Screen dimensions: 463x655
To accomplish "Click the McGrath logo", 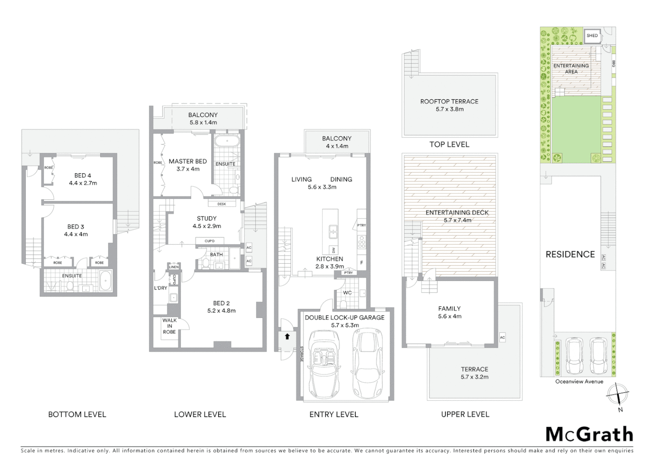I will point(589,434).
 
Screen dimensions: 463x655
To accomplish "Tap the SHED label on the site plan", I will point(592,36).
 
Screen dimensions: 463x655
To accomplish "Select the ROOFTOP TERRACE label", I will point(449,102).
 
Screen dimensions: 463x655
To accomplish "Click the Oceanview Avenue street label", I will point(579,382).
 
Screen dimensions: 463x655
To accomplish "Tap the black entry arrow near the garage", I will point(287,337).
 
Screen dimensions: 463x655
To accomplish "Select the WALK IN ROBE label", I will point(169,326).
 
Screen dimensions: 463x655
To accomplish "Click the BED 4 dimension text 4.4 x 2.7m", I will point(83,183).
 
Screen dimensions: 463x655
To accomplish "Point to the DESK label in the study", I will point(222,204).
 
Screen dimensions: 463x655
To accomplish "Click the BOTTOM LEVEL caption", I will point(77,415).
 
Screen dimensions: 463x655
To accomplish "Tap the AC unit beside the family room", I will point(502,337).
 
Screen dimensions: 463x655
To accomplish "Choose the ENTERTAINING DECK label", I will point(457,213).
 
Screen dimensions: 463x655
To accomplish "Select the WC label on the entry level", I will point(347,293).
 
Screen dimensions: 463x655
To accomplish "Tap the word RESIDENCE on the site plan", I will point(570,254).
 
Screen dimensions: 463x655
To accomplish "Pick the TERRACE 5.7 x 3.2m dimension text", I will point(474,377).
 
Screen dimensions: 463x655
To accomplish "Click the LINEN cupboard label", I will point(174,267).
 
